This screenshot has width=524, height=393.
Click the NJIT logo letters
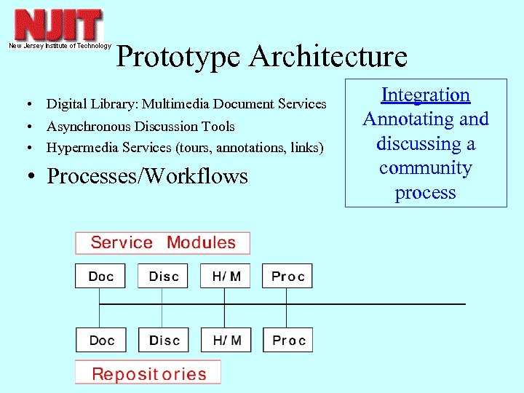click(58, 25)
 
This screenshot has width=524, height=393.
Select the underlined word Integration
click(426, 95)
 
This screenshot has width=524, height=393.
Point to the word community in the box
click(426, 168)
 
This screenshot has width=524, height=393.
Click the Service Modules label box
click(163, 243)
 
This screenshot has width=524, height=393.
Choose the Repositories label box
click(148, 374)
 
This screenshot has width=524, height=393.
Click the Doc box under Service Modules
click(100, 277)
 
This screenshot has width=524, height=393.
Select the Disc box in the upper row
click(163, 277)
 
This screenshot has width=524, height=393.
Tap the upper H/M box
click(226, 277)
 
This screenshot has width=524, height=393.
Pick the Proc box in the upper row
click(287, 277)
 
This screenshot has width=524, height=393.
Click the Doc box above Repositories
click(100, 341)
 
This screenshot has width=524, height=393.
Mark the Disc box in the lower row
click(163, 341)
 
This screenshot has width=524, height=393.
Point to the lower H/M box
click(226, 341)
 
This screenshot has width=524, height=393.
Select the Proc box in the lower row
click(287, 341)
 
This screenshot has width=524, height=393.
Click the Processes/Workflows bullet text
click(147, 176)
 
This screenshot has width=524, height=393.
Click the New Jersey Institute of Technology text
click(60, 46)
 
